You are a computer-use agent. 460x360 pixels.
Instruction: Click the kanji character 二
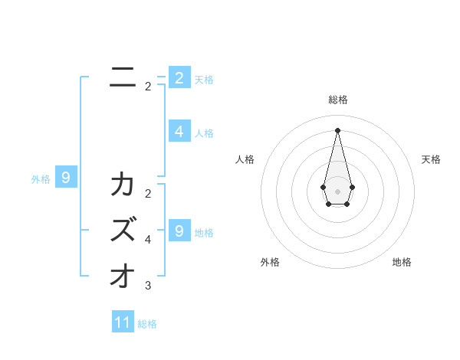pos(120,76)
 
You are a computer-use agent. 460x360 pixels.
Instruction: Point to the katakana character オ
pos(122,276)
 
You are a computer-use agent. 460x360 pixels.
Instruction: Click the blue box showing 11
pos(123,322)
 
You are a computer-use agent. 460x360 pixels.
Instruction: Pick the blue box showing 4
pos(179,132)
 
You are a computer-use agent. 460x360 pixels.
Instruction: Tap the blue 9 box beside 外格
pos(66,178)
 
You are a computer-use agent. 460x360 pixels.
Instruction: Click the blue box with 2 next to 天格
pos(179,77)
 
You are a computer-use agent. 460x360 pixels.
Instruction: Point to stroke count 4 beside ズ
pos(148,240)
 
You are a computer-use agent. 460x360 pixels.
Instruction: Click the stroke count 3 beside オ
pos(148,286)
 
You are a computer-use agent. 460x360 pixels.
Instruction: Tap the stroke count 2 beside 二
pos(148,87)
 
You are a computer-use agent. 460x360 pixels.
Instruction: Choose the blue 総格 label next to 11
pos(147,324)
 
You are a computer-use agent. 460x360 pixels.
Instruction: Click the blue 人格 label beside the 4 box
pos(204,133)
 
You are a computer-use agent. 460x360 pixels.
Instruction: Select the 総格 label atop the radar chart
pos(338,100)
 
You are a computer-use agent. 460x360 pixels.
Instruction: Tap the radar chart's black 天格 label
pos(432,159)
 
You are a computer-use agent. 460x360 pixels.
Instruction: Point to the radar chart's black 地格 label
pos(402,262)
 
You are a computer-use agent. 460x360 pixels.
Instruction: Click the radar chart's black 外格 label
pos(270,262)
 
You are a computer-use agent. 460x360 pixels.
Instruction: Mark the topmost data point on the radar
pos(338,129)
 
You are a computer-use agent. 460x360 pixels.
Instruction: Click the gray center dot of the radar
pos(338,191)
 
